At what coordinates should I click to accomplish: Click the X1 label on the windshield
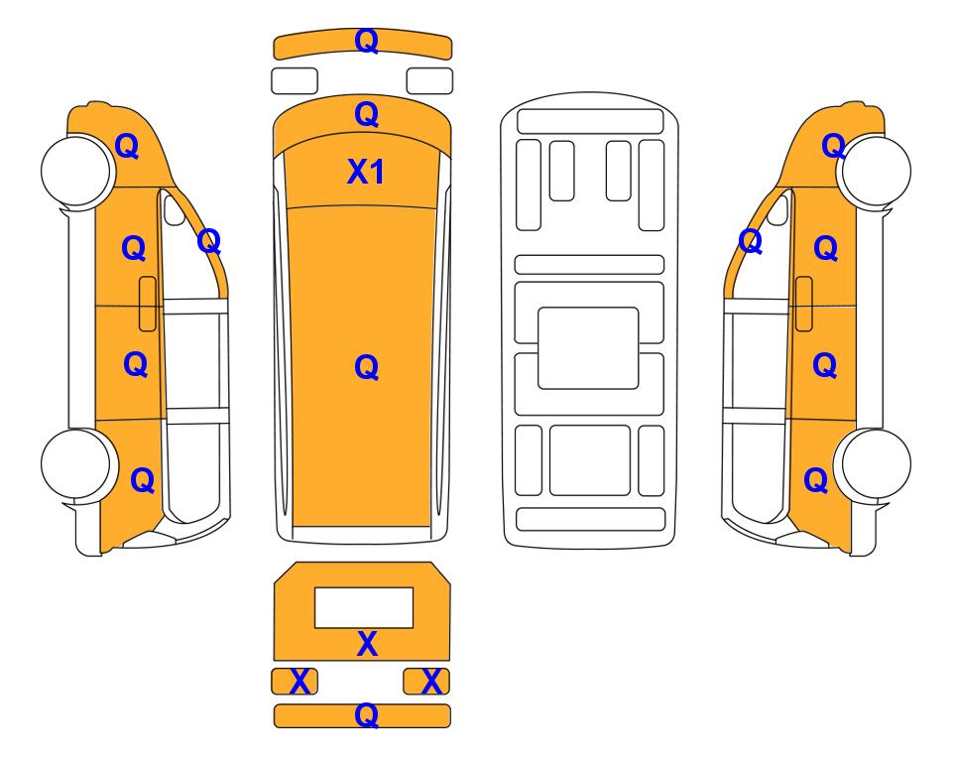pos(365,172)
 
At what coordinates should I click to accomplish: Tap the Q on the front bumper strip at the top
pos(366,41)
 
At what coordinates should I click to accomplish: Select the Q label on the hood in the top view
pos(366,114)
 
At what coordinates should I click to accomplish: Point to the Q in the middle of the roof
pos(366,367)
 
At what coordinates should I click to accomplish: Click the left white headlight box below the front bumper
pos(295,81)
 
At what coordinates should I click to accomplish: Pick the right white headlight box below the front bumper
pos(429,81)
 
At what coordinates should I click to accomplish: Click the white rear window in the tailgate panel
pos(364,608)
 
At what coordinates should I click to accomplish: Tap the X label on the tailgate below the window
pos(367,644)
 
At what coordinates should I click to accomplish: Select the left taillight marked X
pos(295,681)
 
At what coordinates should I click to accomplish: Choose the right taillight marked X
pos(426,681)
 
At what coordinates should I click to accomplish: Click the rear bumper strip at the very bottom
pos(362,715)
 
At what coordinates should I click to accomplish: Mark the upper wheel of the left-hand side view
pos(76,170)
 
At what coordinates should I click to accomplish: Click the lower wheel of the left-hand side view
pos(76,464)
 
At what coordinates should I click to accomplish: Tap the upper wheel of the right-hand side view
pos(876,172)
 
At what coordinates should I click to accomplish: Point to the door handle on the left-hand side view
pos(148,304)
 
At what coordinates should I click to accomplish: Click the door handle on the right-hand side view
pos(804,304)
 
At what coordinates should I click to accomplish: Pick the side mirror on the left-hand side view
pos(175,209)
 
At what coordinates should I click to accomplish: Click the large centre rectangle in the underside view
pos(588,348)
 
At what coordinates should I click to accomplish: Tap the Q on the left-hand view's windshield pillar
pos(209,241)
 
